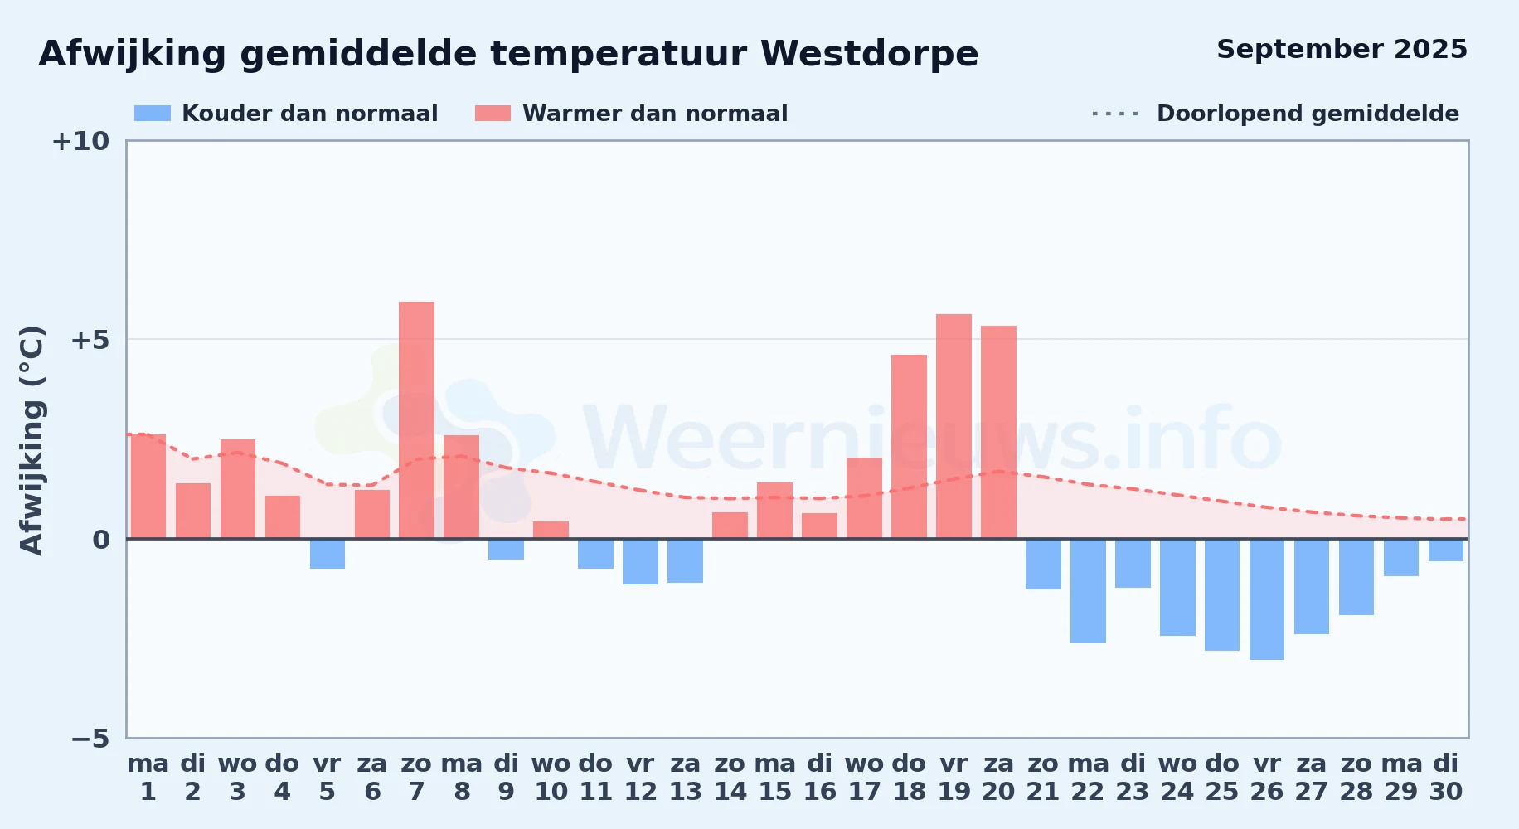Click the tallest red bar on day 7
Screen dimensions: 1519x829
pos(416,420)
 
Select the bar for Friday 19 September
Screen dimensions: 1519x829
pos(954,426)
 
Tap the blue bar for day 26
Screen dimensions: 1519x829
pos(1267,599)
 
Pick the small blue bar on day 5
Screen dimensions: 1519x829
pos(328,554)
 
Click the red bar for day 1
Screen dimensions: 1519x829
pos(148,487)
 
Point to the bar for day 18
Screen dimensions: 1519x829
pos(909,447)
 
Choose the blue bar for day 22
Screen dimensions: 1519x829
pos(1088,591)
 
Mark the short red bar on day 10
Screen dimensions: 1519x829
pos(551,530)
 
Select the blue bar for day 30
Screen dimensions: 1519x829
pos(1446,550)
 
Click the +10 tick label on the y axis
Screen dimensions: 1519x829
pos(80,141)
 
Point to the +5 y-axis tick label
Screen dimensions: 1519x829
pos(90,340)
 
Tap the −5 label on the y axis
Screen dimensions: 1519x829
pos(90,739)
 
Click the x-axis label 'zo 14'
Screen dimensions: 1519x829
pos(730,778)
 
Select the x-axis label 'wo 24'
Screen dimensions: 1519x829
pos(1177,778)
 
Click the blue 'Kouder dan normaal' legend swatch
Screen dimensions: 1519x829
pos(153,114)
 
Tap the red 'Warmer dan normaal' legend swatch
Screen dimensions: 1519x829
pos(493,114)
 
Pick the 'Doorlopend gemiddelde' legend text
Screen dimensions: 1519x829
pos(1308,114)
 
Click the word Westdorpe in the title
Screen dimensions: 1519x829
pos(869,54)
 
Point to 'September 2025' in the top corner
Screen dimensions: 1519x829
pos(1342,49)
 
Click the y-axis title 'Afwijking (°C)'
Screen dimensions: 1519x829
pos(32,440)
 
